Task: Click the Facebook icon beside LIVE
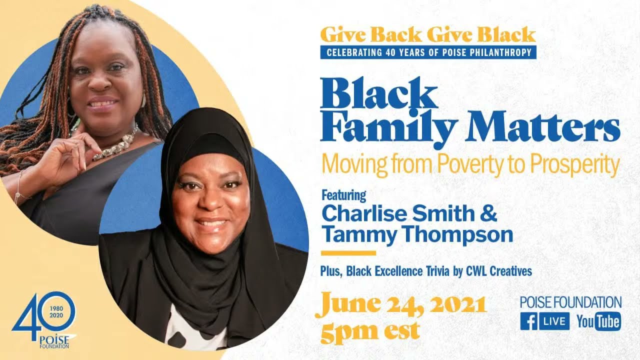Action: (x=528, y=321)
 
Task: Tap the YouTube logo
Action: (x=598, y=321)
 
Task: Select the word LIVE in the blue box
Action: (x=553, y=321)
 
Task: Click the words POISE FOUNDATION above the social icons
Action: (x=570, y=302)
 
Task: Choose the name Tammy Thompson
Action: (x=417, y=233)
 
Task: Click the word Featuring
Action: (x=343, y=194)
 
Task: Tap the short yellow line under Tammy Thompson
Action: (x=348, y=253)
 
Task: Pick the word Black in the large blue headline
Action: (x=378, y=95)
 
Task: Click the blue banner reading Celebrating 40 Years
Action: (x=428, y=52)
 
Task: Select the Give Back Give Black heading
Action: (x=427, y=34)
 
